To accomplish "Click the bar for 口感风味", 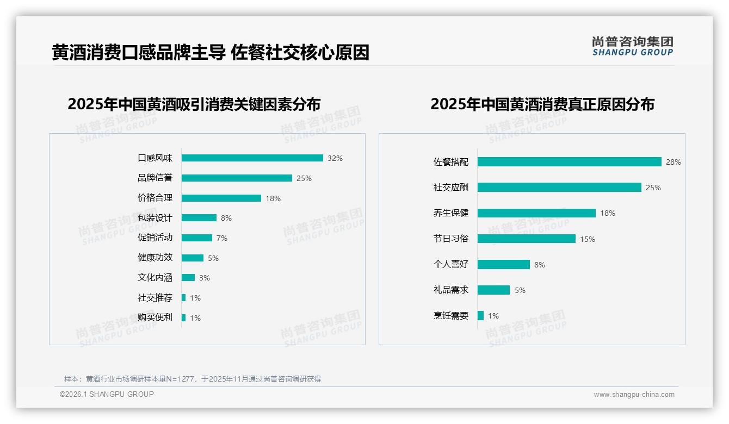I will coord(252,158).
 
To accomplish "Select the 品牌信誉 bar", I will coord(237,178).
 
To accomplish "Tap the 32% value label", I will coord(335,159).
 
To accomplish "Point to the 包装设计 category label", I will coord(155,218).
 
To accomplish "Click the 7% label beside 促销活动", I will coord(221,239).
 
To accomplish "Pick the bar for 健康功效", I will coord(192,258).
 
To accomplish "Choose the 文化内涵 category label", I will coord(155,278).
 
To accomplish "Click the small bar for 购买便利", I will coord(183,318).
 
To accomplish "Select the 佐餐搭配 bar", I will coord(569,162).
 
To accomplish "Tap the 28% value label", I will coord(674,163).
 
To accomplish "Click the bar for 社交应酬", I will coord(559,188).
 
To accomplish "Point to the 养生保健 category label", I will coord(450,213).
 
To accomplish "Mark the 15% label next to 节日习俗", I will coord(588,239).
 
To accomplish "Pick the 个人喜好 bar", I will coord(503,265).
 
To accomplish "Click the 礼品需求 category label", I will coord(450,290).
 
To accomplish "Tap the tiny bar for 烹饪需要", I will coord(480,316).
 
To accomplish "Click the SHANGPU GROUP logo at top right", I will coord(633,46).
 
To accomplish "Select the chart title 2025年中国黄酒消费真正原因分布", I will coord(542,104).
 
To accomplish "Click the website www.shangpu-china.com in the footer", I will coord(634,395).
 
